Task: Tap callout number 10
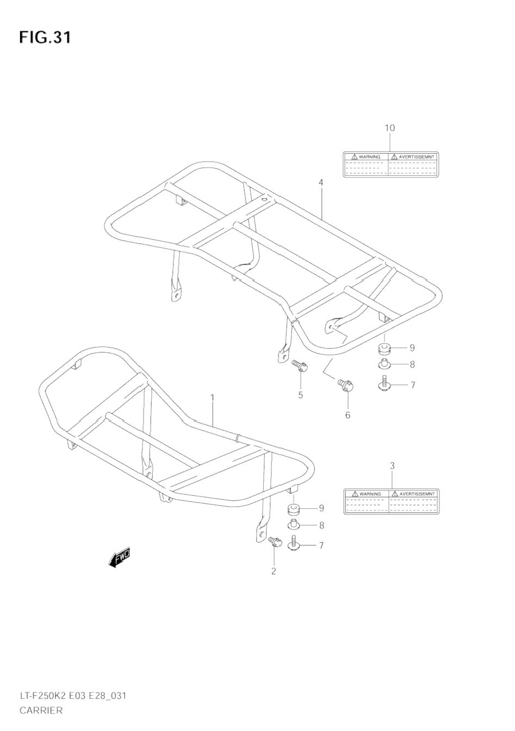389,128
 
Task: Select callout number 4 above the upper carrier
321,182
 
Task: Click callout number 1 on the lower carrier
213,398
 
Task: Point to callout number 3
392,465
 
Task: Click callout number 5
300,395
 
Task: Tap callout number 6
348,415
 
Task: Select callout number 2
274,571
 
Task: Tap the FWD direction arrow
119,557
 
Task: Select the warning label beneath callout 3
392,501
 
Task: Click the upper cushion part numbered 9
385,348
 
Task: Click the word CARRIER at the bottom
41,710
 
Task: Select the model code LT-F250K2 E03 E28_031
73,696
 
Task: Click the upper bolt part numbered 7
385,385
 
